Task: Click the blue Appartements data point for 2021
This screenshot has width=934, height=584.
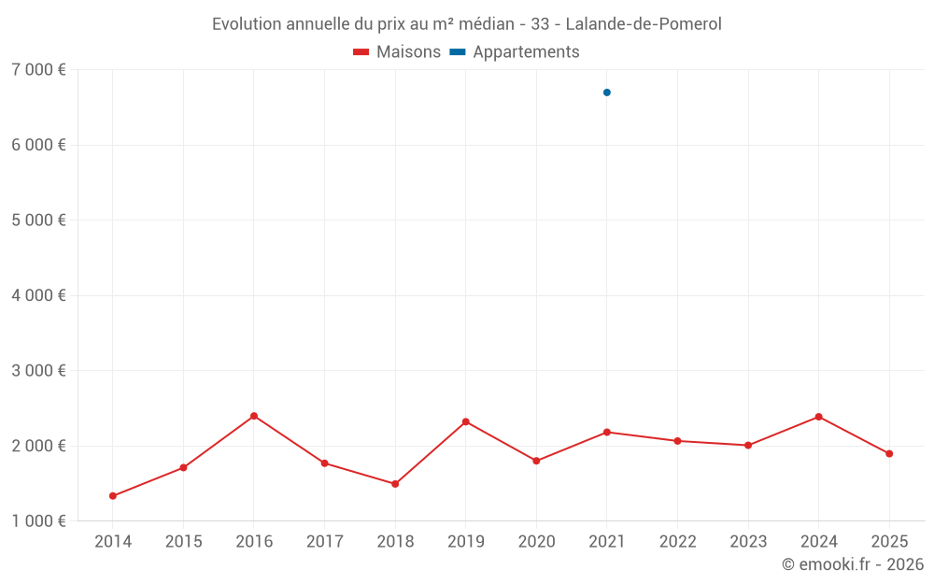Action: click(x=607, y=93)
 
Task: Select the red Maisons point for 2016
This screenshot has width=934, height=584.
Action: click(x=254, y=416)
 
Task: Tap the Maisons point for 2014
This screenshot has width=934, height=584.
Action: click(x=113, y=496)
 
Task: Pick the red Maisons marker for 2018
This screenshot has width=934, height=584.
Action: click(x=395, y=484)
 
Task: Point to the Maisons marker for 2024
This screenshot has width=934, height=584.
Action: click(x=819, y=417)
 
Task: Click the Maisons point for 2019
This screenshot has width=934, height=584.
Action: click(x=466, y=421)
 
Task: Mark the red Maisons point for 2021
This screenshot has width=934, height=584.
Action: click(x=607, y=432)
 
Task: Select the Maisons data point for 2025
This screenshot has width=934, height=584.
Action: click(x=889, y=454)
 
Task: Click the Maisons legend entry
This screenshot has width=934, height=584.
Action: click(x=397, y=52)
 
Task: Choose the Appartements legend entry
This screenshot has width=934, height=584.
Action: click(x=516, y=52)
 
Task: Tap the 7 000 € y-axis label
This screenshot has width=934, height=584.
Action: click(x=38, y=70)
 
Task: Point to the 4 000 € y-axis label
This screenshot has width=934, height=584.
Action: click(x=38, y=295)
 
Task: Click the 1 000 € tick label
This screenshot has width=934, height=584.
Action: click(x=38, y=521)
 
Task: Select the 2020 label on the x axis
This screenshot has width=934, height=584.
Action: click(x=536, y=542)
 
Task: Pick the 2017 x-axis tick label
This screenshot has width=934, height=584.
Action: click(x=324, y=542)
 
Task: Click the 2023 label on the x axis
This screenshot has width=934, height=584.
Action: click(x=748, y=542)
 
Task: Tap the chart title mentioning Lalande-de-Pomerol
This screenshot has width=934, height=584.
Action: click(x=467, y=24)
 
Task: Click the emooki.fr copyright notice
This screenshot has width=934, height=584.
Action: click(x=852, y=564)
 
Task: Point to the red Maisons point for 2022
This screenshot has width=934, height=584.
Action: click(x=678, y=441)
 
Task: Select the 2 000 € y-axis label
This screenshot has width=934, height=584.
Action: click(x=38, y=446)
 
